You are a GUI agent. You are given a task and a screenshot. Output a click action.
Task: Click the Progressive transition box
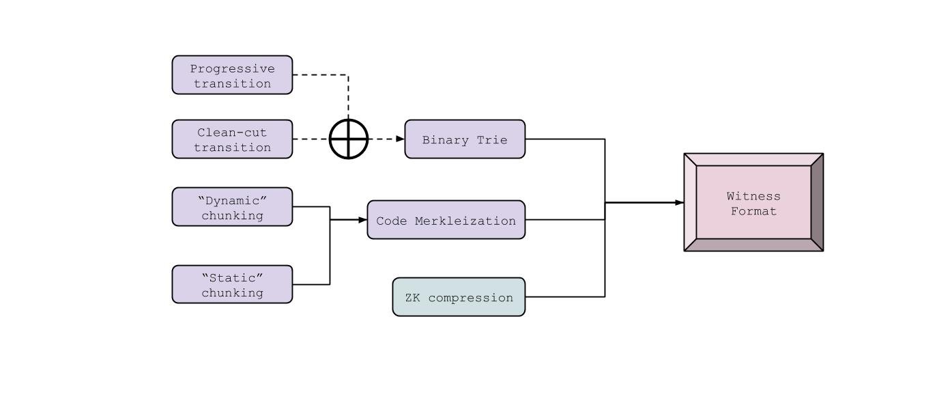[232, 75]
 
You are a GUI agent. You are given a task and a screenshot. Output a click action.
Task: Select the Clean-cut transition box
[232, 139]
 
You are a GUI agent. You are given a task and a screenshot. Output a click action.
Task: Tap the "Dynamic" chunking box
[232, 206]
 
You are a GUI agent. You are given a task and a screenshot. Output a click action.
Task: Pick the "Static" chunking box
[232, 284]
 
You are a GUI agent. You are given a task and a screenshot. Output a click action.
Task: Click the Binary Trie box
[465, 139]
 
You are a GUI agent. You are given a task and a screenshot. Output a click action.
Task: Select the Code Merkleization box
[446, 220]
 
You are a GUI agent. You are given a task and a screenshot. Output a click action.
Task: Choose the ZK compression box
[459, 297]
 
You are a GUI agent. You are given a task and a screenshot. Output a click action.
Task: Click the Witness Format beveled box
[753, 202]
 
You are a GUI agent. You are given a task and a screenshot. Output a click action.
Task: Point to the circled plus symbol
[349, 139]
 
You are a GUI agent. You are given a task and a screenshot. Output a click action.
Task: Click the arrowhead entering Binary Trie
[401, 139]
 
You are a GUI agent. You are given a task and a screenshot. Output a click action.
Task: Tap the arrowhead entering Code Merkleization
[363, 220]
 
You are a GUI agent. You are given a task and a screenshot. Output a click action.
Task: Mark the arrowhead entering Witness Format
[680, 202]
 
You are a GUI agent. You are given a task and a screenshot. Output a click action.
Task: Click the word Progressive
[232, 68]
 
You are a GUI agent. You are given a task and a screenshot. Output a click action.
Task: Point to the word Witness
[753, 196]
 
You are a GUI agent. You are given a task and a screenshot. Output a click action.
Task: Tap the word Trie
[493, 140]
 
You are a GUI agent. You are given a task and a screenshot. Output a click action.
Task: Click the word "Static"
[232, 277]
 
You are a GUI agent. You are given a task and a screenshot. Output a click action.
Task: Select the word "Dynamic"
[232, 200]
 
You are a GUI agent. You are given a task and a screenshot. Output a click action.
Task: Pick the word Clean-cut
[232, 133]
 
